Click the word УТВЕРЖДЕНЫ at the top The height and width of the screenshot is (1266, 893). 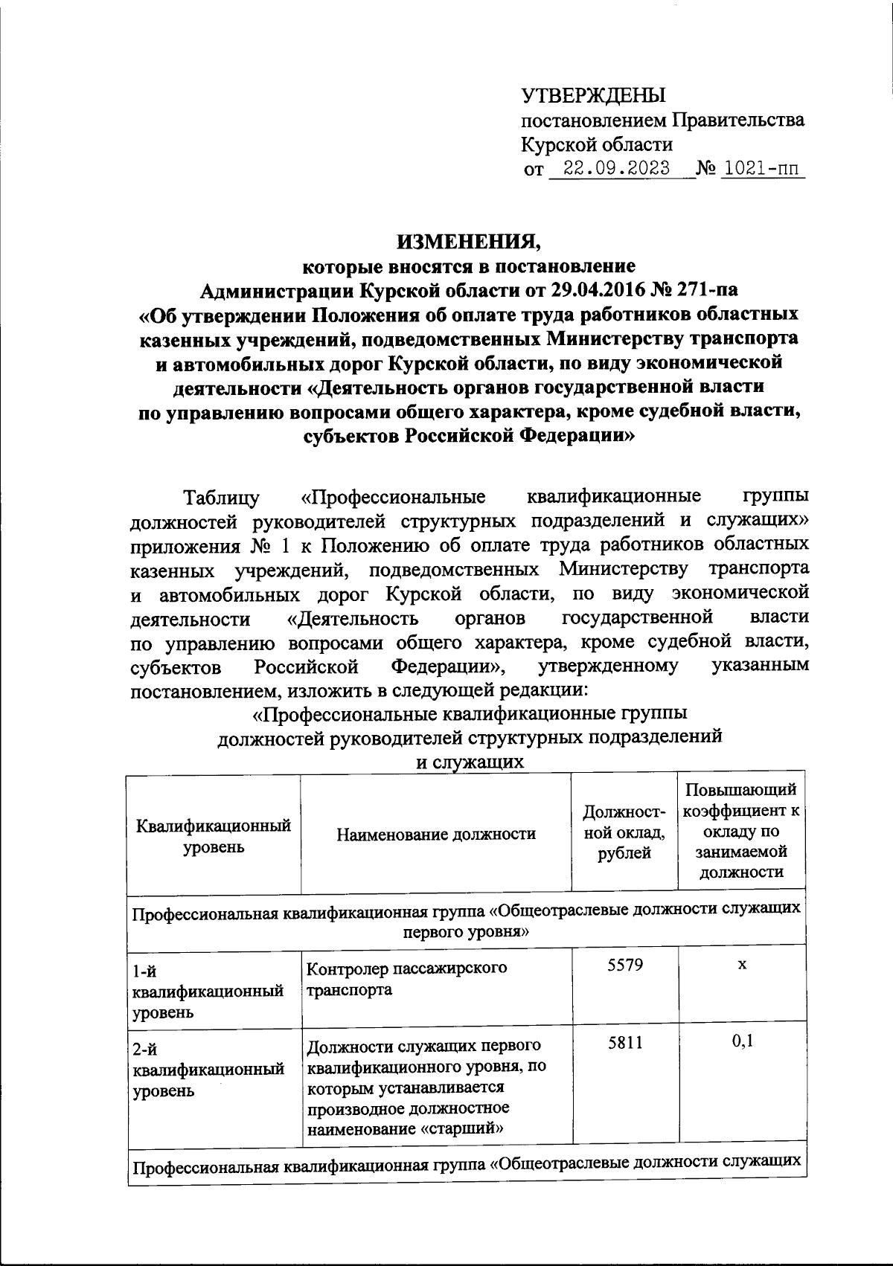click(x=592, y=95)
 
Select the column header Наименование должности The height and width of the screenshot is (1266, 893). click(x=436, y=834)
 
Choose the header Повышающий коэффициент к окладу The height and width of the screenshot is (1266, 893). click(x=742, y=831)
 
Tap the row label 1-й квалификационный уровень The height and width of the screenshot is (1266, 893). click(x=209, y=991)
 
